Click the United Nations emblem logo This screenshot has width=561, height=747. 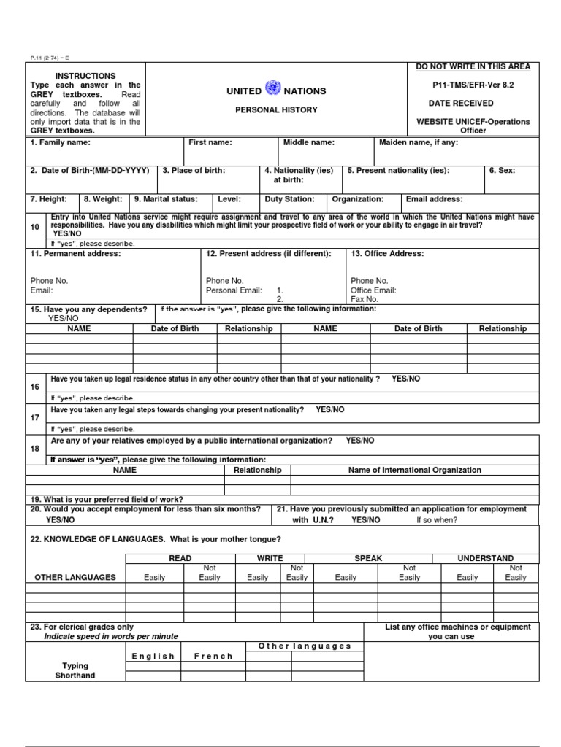tap(273, 89)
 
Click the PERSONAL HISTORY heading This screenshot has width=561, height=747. tap(276, 110)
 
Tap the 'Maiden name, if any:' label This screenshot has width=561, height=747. tap(419, 143)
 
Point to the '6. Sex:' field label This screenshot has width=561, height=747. tap(502, 171)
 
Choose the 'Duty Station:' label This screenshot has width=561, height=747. tap(290, 199)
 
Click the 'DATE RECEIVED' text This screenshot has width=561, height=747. tap(460, 104)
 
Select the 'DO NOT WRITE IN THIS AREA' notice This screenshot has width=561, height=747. tap(473, 67)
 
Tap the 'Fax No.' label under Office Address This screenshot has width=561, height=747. tap(365, 299)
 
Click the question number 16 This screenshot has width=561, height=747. tap(35, 387)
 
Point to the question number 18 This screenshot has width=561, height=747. tap(35, 449)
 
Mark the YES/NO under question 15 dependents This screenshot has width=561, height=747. tap(63, 319)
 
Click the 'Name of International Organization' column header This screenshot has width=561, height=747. tap(415, 471)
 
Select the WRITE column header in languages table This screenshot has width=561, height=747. tap(270, 558)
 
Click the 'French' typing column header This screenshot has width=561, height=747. tap(213, 657)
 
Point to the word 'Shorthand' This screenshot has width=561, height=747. tap(75, 676)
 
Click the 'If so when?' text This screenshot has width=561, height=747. tap(437, 520)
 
